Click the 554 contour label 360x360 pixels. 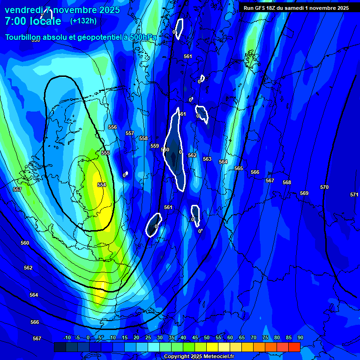pos(102,185)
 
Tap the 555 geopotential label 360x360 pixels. pos(105,153)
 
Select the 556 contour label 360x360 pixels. pos(112,127)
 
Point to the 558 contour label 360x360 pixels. pos(143,138)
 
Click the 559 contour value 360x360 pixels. pos(155,146)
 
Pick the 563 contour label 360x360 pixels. pos(207,159)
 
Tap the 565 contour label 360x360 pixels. pos(239,168)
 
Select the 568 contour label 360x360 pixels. pos(287,182)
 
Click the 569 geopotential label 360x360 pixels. pos(304,193)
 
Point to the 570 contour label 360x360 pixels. pos(324,187)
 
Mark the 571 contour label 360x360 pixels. pos(354,195)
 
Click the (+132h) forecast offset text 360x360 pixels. pos(83,21)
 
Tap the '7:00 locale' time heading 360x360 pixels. pos(33,21)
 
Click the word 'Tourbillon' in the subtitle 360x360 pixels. pos(25,37)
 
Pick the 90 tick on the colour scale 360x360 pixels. pos(300,337)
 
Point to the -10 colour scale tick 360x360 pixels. pos(67,337)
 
